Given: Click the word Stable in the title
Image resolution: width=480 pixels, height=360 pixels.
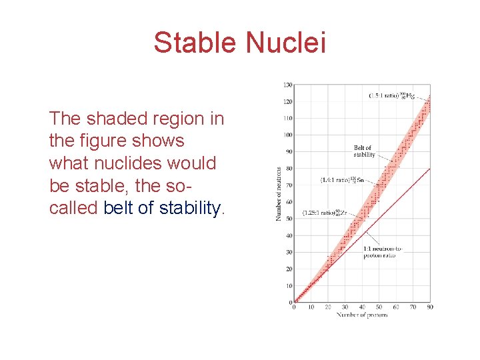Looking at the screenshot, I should pyautogui.click(x=196, y=43).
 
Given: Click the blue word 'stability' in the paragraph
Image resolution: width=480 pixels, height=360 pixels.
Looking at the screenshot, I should pyautogui.click(x=191, y=208).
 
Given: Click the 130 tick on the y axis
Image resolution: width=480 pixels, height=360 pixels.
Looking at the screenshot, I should pyautogui.click(x=287, y=85).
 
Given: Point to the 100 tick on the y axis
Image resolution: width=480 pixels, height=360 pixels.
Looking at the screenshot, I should pyautogui.click(x=287, y=135).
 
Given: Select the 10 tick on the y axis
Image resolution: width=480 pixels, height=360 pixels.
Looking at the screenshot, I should pyautogui.click(x=289, y=286).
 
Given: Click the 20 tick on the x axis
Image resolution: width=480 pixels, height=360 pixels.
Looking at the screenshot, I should pyautogui.click(x=328, y=307).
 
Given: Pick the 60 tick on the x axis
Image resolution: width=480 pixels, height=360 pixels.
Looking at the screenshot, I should pyautogui.click(x=396, y=307).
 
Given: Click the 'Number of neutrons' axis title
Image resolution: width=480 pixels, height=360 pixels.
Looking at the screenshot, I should pyautogui.click(x=279, y=193).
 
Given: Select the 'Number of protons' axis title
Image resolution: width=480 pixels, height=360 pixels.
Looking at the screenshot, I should pyautogui.click(x=362, y=315).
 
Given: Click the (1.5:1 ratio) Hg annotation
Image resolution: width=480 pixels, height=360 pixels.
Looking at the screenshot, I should pyautogui.click(x=392, y=96).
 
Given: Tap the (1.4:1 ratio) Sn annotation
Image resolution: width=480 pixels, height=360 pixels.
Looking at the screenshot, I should pyautogui.click(x=342, y=180).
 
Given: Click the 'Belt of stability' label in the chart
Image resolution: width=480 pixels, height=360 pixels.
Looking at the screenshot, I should pyautogui.click(x=364, y=151).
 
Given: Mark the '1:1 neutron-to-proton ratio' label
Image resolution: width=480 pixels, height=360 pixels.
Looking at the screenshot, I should pyautogui.click(x=383, y=253).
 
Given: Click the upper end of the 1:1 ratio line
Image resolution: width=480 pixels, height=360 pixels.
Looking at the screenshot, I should pyautogui.click(x=429, y=169).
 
